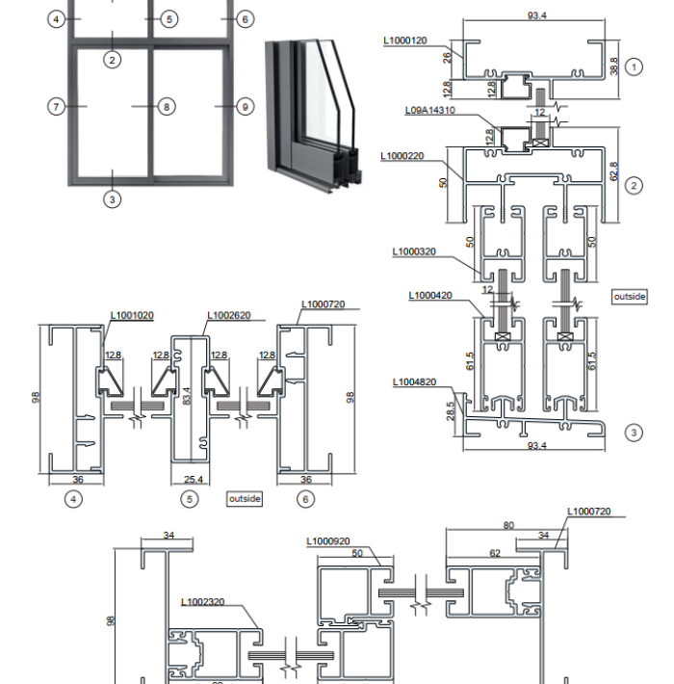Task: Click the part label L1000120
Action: [405, 40]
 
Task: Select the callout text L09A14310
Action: [429, 110]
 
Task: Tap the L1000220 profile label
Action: [402, 156]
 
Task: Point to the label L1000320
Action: [414, 251]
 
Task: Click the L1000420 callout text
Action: [429, 296]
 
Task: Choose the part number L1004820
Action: [414, 382]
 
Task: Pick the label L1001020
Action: [132, 315]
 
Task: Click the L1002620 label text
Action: [228, 315]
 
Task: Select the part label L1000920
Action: [327, 541]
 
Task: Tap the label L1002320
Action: [202, 602]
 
